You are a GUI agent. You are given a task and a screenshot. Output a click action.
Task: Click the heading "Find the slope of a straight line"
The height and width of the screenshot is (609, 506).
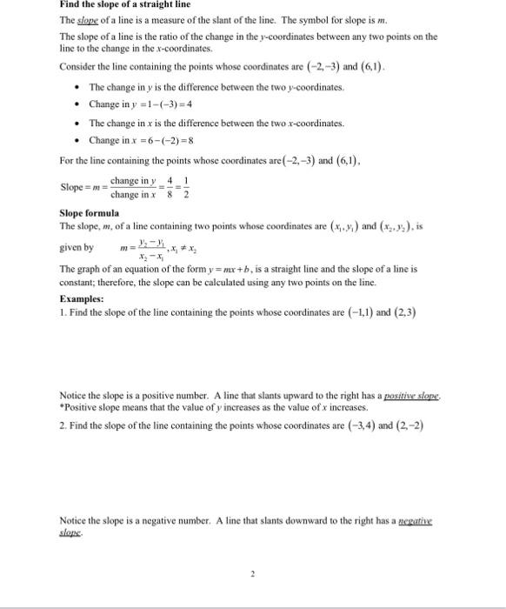click(117, 4)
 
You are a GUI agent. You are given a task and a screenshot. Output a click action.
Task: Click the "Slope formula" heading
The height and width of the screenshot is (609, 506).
click(89, 213)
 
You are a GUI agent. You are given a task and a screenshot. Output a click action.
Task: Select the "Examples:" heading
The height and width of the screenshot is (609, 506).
click(82, 298)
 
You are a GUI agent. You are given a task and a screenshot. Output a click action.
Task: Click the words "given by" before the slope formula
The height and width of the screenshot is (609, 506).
click(76, 247)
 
